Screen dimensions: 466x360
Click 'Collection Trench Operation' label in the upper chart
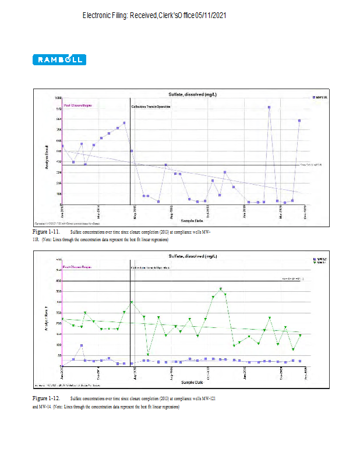tap(150, 107)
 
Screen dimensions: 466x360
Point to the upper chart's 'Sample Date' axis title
tap(192, 221)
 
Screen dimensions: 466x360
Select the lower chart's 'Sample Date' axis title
tap(192, 382)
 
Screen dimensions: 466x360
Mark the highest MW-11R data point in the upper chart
tap(269, 107)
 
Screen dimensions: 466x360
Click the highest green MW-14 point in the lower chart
tap(221, 288)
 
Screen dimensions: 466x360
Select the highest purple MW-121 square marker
tap(82, 345)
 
